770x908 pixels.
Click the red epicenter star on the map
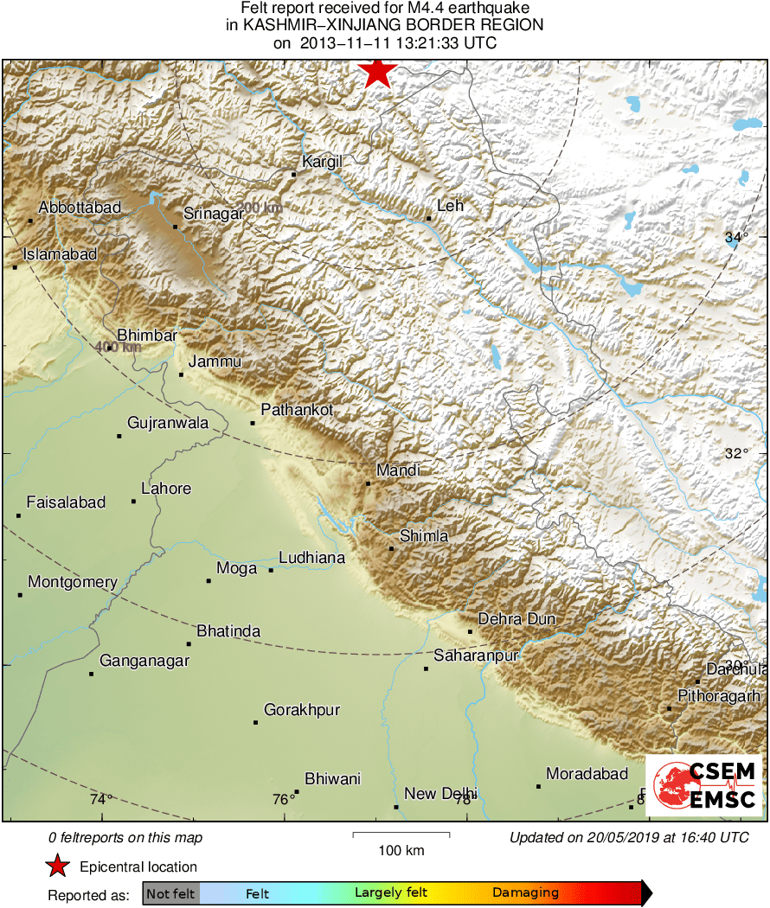tap(377, 73)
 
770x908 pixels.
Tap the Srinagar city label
tap(213, 213)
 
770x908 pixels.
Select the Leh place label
tap(451, 205)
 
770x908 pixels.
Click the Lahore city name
tap(166, 489)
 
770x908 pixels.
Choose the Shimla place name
tap(424, 536)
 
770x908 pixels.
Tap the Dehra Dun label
tap(517, 618)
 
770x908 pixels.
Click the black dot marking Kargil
tap(293, 175)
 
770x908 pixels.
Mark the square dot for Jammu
tap(181, 374)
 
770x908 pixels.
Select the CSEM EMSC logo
tap(704, 785)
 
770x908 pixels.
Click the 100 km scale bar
tap(401, 834)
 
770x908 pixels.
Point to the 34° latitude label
tap(736, 238)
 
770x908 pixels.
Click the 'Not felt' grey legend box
tap(170, 893)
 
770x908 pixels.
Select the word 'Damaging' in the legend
tap(525, 893)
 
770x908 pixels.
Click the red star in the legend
tap(57, 866)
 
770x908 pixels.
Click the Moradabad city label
tap(587, 773)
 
